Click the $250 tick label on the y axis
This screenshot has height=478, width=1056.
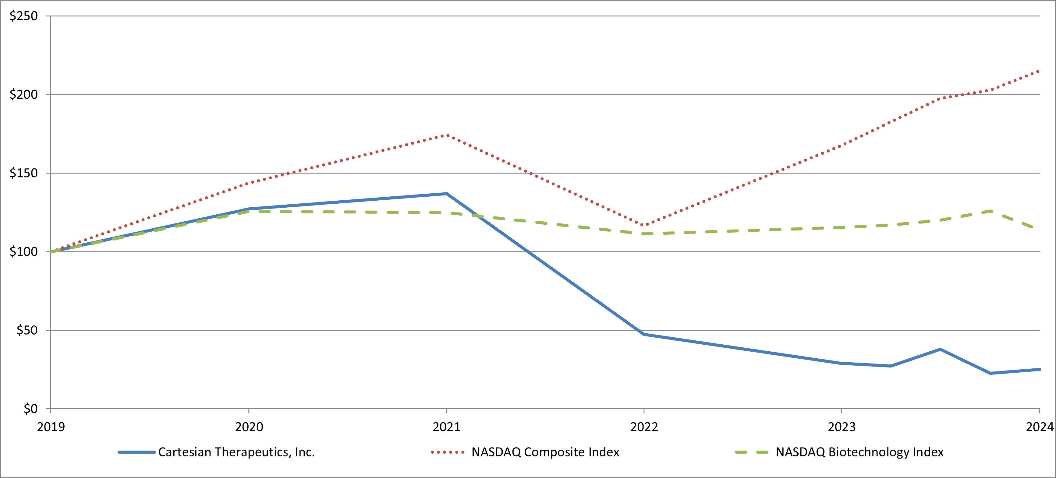(23, 16)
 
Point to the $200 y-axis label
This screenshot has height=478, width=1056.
(23, 95)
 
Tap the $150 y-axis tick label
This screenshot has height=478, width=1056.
(23, 173)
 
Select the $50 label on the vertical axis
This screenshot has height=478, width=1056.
(27, 330)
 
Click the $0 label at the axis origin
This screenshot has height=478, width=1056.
(30, 409)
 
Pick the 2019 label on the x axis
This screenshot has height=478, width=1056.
(51, 427)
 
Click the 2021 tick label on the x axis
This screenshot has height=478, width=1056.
(446, 427)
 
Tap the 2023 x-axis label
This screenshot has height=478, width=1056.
(842, 427)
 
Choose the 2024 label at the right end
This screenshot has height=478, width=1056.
(1040, 427)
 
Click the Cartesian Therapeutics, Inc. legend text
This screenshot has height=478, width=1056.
(236, 452)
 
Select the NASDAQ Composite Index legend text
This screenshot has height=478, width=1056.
(545, 452)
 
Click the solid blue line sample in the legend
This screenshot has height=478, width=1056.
(136, 452)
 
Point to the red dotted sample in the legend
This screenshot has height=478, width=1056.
(448, 452)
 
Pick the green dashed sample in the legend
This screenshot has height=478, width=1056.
(751, 452)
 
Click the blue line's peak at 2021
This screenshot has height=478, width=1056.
(446, 194)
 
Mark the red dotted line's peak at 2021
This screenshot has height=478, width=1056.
(446, 135)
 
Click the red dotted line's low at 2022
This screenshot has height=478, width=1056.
(644, 225)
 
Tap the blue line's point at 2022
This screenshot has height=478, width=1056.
(644, 334)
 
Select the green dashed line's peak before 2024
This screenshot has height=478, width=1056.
(990, 211)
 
